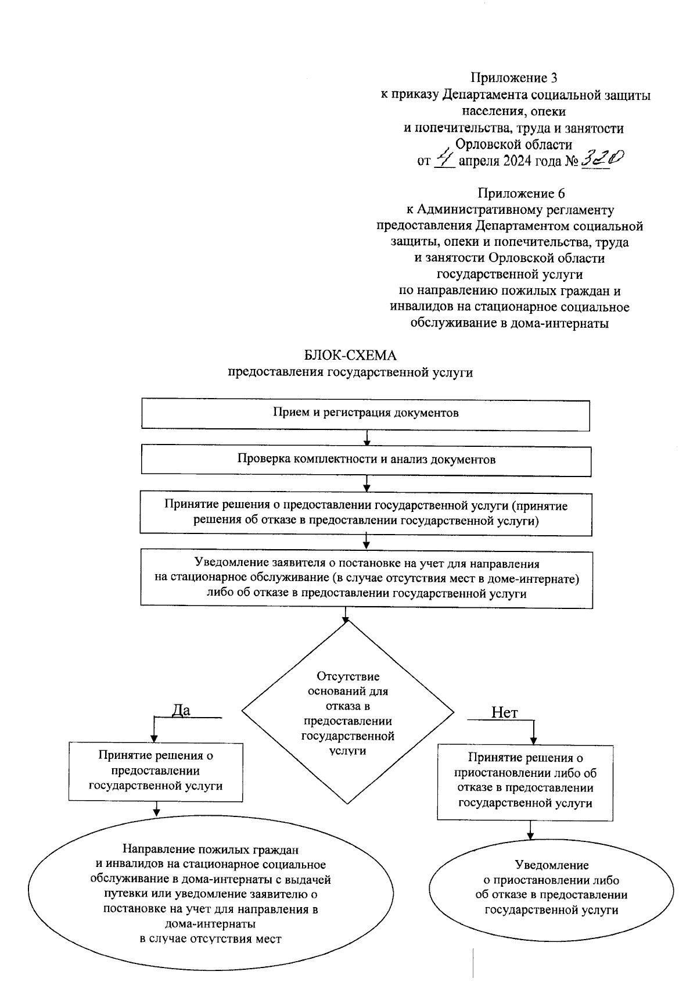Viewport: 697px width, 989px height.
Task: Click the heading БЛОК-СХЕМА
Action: tap(350, 356)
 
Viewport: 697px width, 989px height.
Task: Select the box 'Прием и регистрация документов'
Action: tap(366, 414)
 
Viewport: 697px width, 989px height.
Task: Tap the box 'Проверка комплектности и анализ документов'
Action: tap(366, 460)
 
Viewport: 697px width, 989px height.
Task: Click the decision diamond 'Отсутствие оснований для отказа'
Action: tap(347, 713)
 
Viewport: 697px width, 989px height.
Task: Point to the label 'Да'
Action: tap(181, 710)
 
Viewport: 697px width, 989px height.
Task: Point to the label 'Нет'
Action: tap(504, 712)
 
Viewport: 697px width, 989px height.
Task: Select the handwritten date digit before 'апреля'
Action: tap(445, 157)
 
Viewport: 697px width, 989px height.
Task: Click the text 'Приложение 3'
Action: tap(514, 78)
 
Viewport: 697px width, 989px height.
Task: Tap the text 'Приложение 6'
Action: tap(521, 193)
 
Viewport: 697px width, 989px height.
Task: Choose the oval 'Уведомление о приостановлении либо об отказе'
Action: tap(551, 887)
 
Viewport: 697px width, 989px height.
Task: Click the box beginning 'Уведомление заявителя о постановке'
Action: tap(366, 579)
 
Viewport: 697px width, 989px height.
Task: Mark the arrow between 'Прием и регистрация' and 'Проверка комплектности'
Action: tap(367, 438)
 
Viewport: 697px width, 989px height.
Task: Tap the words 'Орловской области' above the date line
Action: tap(513, 144)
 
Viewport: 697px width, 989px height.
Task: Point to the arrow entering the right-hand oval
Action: tap(530, 832)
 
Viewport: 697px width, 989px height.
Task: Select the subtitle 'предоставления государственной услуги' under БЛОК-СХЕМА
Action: tap(350, 372)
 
